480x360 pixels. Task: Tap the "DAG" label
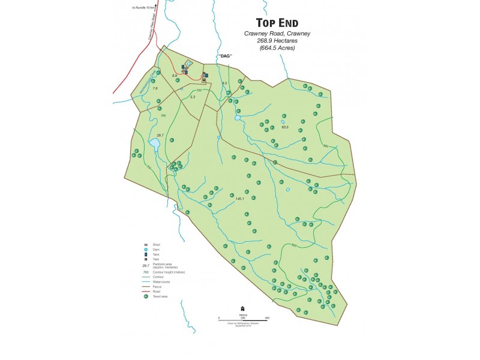coord(225,56)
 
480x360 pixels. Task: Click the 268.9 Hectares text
coord(277,41)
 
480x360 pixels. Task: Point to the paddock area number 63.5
coord(285,127)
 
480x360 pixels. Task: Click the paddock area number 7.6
coord(155,88)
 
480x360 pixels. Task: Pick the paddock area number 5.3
coord(192,97)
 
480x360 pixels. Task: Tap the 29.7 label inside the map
coord(160,136)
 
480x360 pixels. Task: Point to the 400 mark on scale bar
coord(266,317)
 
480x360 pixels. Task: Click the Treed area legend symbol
coord(146,296)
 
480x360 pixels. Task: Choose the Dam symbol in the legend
coord(146,250)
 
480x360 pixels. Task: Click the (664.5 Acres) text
coord(277,48)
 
